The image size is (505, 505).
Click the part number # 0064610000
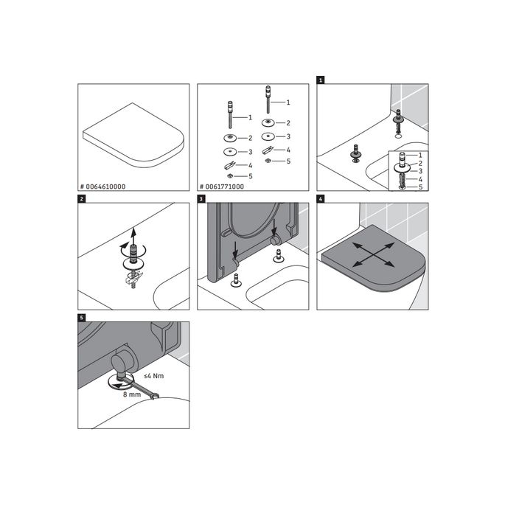pyautogui.click(x=103, y=187)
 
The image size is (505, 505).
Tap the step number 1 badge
pyautogui.click(x=320, y=77)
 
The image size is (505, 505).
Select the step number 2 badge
pyautogui.click(x=80, y=198)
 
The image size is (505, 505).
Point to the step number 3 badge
pyautogui.click(x=201, y=198)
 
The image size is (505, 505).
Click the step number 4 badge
pyautogui.click(x=320, y=198)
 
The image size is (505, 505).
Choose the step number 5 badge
pyautogui.click(x=80, y=317)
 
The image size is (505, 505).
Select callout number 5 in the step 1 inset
pyautogui.click(x=420, y=187)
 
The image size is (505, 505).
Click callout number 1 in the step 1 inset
pyautogui.click(x=420, y=156)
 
